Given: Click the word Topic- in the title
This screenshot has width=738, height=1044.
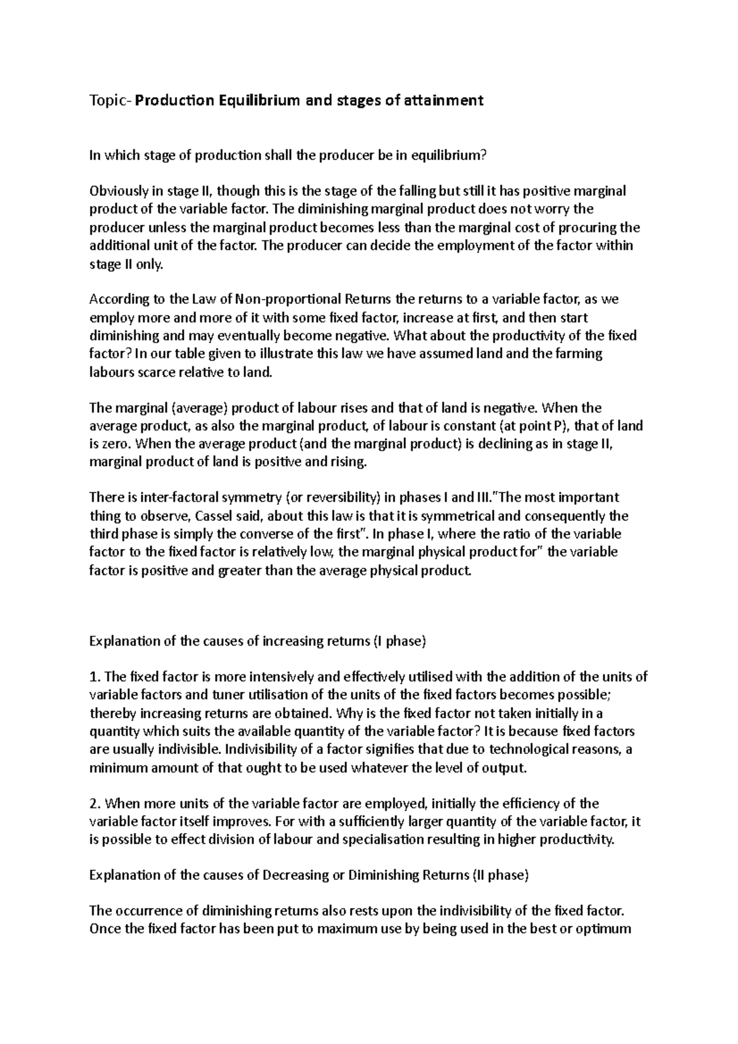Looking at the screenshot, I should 110,100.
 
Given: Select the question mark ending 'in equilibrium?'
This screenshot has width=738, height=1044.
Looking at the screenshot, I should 483,156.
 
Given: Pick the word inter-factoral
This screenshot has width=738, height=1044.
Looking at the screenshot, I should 177,497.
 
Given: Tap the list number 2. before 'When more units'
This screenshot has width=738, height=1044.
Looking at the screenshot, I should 95,804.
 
